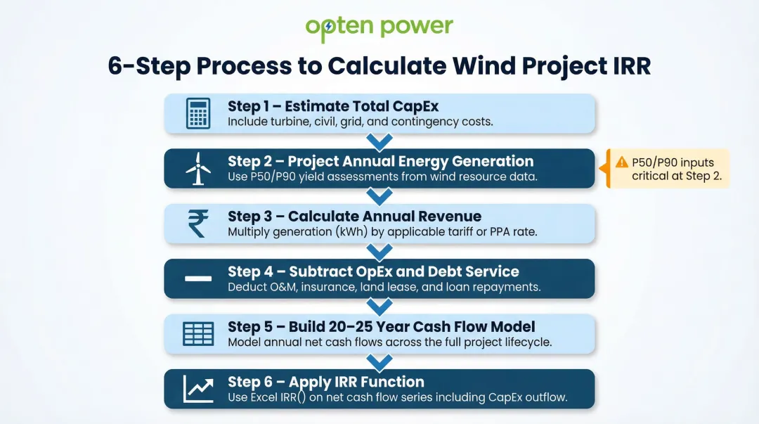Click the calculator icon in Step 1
[x=198, y=114]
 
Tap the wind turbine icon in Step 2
[x=198, y=169]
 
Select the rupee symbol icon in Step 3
[x=198, y=224]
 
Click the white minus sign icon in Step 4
[x=198, y=278]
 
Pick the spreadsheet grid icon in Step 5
[x=198, y=333]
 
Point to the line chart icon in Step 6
[x=198, y=388]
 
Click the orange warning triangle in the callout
[x=622, y=162]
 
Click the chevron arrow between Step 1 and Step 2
[x=379, y=141]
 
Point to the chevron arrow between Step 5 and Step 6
[x=379, y=362]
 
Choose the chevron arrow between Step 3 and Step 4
[x=379, y=252]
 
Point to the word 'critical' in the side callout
[x=650, y=176]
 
